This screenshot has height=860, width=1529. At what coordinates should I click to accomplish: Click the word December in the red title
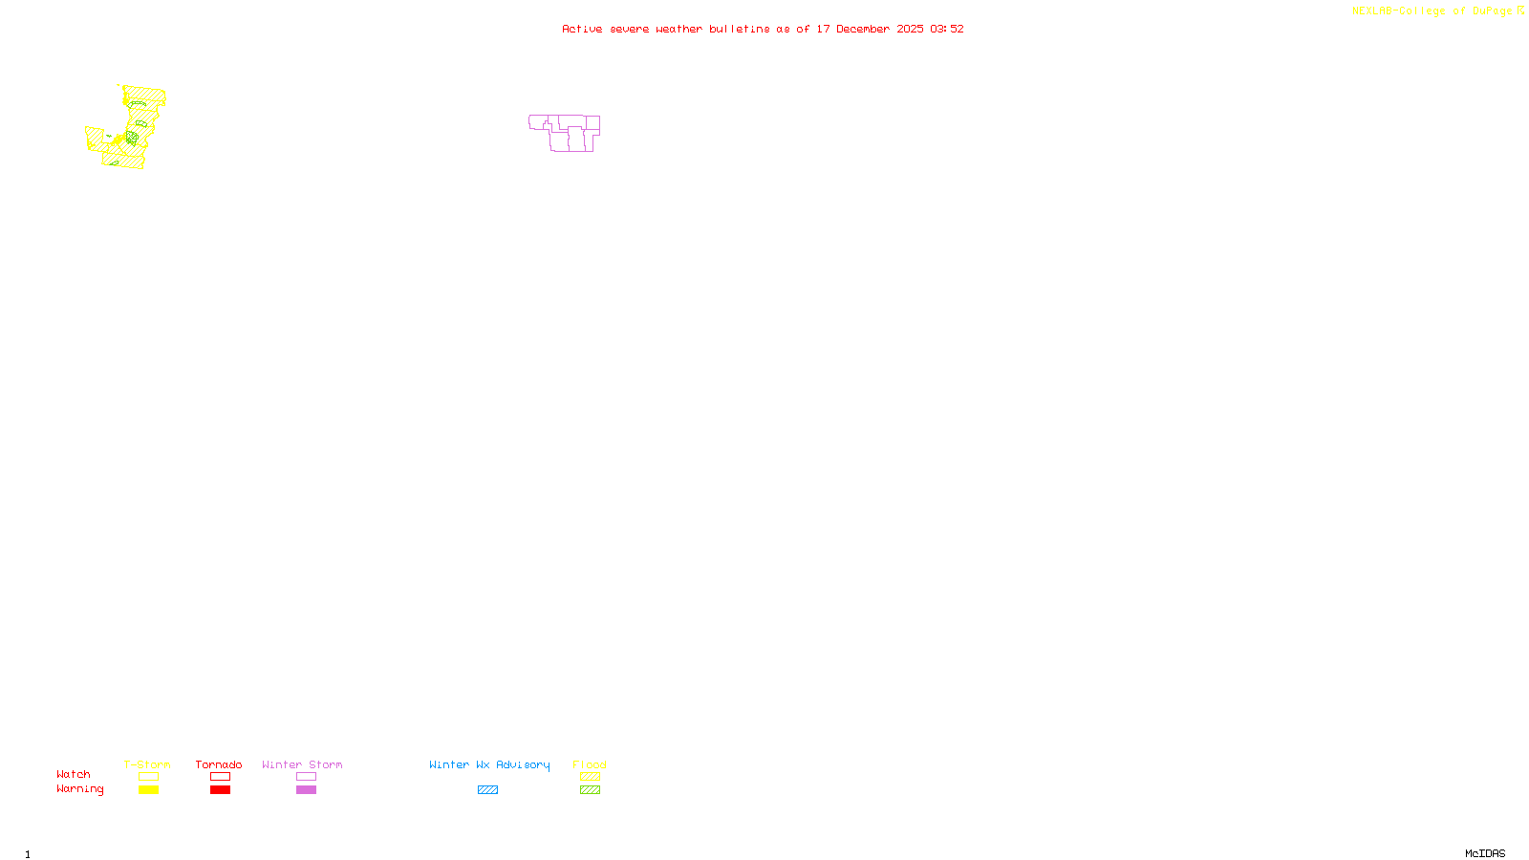coord(863,29)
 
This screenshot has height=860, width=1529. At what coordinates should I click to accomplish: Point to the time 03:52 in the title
coord(947,29)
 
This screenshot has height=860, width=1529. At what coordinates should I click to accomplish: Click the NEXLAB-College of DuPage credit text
coord(1432,11)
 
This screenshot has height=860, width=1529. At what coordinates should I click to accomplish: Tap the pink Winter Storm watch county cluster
coord(566,133)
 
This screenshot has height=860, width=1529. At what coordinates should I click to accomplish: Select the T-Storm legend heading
coord(147,764)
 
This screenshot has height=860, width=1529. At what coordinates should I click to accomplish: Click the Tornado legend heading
coord(219,764)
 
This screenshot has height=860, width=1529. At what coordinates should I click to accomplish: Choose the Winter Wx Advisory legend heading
coord(489,764)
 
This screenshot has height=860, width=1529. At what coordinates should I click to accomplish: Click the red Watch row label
coord(74,774)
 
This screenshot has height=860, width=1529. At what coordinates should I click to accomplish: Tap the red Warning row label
coord(80,789)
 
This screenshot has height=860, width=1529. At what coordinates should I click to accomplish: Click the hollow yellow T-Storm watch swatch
coord(148,777)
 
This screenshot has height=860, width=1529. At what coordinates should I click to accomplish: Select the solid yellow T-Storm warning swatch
coord(148,790)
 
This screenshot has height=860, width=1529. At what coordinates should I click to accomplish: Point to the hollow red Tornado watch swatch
coord(220,777)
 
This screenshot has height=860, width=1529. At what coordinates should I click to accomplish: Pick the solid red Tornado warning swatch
coord(220,790)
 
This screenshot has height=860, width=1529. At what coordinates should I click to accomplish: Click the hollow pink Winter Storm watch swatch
coord(306,777)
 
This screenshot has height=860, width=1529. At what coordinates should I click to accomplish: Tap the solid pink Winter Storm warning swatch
coord(306,790)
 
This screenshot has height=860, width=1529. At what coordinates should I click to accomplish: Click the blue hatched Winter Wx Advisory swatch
coord(487,790)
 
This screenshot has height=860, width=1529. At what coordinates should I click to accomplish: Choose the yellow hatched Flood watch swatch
coord(590,777)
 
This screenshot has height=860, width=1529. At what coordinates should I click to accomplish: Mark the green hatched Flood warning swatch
coord(590,790)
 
